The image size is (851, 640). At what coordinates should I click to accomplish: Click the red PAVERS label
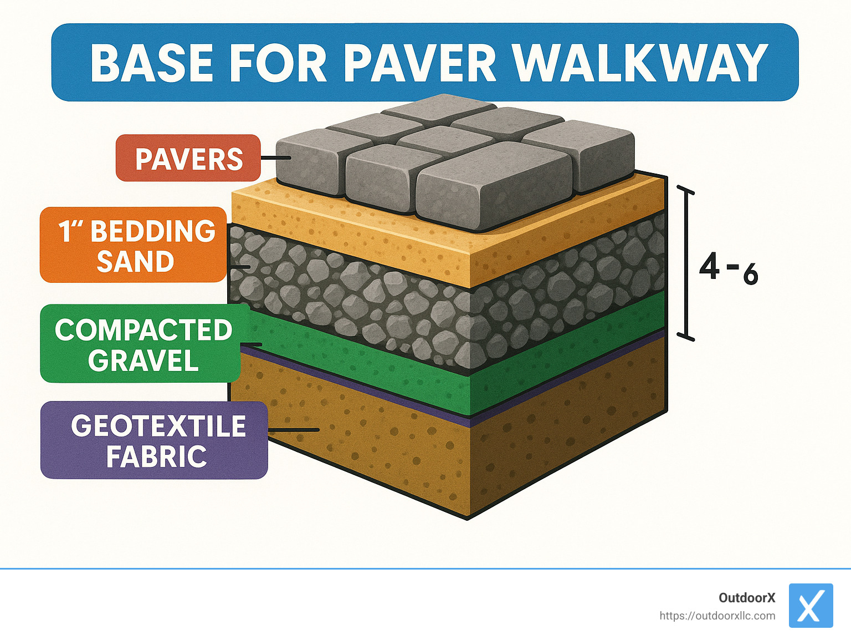[x=188, y=159]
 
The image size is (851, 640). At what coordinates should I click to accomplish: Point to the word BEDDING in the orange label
[x=153, y=231]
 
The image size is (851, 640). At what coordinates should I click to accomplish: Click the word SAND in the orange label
[x=135, y=261]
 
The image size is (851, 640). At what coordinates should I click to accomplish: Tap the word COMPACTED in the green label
[x=143, y=330]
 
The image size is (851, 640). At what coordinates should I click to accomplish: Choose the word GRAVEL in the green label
[x=143, y=360]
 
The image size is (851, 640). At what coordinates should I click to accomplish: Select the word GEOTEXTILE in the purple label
[x=158, y=426]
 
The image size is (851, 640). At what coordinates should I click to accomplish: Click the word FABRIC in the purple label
[x=156, y=456]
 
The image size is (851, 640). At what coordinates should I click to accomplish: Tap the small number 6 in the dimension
[x=750, y=275]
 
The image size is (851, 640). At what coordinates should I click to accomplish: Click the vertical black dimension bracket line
[x=686, y=263]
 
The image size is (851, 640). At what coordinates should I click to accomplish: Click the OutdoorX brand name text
[x=747, y=598]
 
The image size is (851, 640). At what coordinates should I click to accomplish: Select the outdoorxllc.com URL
[x=717, y=616]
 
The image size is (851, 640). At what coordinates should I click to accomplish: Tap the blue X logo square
[x=811, y=606]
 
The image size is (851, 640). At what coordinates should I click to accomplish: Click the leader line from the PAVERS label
[x=275, y=158]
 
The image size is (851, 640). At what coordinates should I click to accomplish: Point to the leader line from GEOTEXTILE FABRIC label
[x=294, y=430]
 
